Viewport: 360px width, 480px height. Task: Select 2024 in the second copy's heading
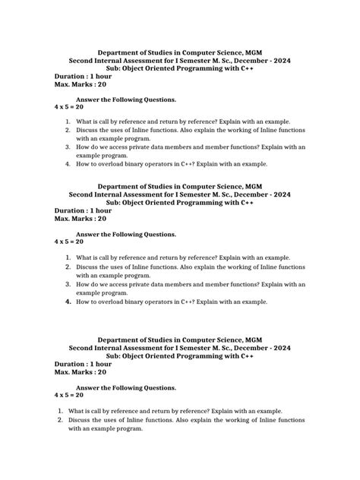pyautogui.click(x=276, y=194)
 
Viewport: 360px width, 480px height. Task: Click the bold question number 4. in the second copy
pyautogui.click(x=68, y=302)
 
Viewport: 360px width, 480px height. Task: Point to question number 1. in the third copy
pyautogui.click(x=59, y=410)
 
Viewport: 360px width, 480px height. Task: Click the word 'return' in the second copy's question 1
pyautogui.click(x=181, y=257)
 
